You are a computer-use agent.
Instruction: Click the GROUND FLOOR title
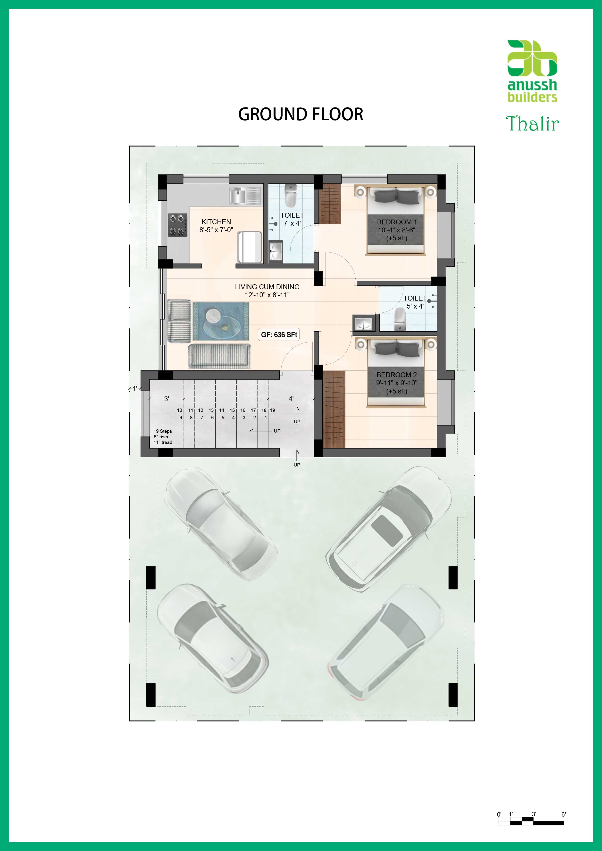click(301, 114)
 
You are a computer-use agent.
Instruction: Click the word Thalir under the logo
click(532, 123)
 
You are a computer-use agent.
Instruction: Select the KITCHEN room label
click(216, 222)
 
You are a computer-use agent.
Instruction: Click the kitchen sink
click(245, 196)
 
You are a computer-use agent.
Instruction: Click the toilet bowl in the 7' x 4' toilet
click(290, 196)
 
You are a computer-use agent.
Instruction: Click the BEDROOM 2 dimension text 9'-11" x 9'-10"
click(396, 383)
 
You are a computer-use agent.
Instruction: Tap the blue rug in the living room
click(221, 321)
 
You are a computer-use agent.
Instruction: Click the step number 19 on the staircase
click(272, 410)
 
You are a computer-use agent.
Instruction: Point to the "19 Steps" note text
click(163, 431)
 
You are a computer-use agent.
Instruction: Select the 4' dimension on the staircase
click(291, 399)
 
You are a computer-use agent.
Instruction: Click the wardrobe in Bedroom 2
click(334, 409)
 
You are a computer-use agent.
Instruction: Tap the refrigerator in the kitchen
click(250, 247)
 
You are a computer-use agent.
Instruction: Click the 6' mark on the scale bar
click(563, 814)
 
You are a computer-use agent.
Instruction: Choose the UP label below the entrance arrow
click(297, 465)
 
